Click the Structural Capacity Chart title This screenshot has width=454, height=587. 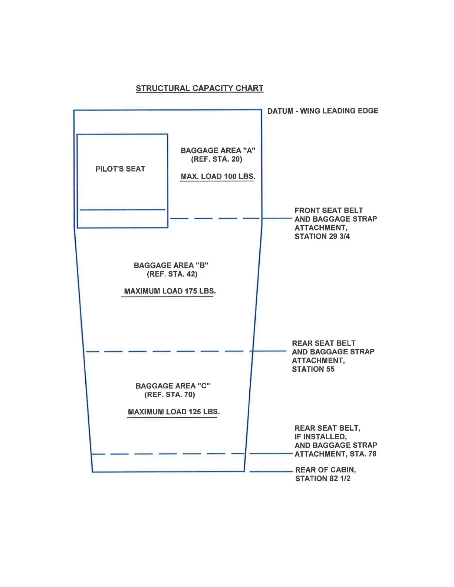pos(200,88)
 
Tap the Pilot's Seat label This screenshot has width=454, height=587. pos(120,169)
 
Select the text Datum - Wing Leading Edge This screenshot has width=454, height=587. pos(323,111)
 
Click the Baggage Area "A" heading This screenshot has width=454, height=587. pos(218,150)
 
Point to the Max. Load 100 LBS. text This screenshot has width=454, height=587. pos(218,176)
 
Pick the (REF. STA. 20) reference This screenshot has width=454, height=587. pos(217,159)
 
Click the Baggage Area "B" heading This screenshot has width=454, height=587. pos(171,265)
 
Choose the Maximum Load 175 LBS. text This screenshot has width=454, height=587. pos(170,291)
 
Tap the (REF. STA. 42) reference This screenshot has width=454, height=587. pos(172,274)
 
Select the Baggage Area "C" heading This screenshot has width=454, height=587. pos(173,386)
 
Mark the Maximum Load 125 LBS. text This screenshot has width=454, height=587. pos(174,412)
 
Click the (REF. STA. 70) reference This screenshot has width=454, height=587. pos(170,395)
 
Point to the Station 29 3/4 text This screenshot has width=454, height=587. pos(322,236)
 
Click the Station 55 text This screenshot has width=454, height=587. pos(313,369)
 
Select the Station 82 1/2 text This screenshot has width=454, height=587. pos(323,478)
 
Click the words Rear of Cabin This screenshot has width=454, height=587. pos(325,470)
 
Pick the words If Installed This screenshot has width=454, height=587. pos(320,437)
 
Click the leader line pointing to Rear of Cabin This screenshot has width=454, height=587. pos(271,471)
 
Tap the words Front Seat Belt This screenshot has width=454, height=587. pos(329,210)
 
